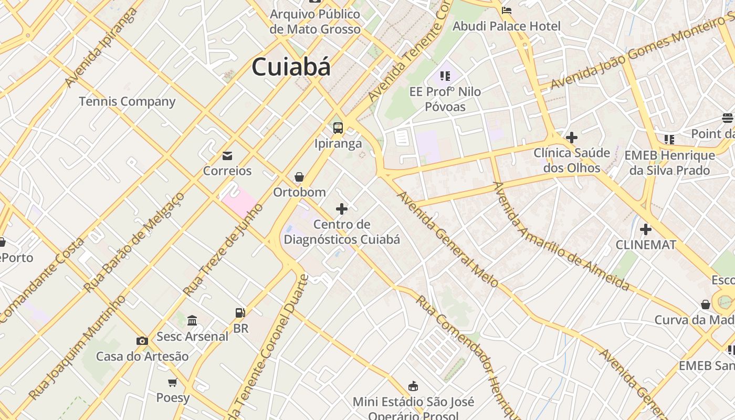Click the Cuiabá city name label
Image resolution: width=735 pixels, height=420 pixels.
(x=291, y=67)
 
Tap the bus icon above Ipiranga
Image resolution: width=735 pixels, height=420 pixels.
(x=338, y=128)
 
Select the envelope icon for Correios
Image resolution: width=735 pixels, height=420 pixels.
(x=227, y=156)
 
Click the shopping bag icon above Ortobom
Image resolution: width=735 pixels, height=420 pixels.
(x=299, y=177)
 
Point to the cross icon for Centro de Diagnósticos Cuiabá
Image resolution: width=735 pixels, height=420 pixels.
(x=342, y=209)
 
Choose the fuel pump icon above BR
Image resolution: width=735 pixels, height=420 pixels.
(x=240, y=313)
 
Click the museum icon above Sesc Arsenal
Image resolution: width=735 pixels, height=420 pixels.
(x=192, y=320)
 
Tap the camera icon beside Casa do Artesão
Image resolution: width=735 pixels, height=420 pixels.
(x=142, y=341)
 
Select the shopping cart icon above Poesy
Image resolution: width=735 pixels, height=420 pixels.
(x=172, y=382)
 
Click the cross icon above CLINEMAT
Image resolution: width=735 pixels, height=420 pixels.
(x=646, y=229)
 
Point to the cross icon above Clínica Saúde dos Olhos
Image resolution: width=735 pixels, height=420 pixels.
(x=572, y=138)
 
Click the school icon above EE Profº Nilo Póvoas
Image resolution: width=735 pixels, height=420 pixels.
(x=445, y=77)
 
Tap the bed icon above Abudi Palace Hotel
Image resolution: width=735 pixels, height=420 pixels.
(x=507, y=10)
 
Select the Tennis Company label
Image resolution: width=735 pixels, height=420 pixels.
(x=127, y=101)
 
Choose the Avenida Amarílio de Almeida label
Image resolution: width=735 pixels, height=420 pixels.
(x=561, y=236)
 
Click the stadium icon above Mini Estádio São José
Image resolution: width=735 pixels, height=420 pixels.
(x=413, y=386)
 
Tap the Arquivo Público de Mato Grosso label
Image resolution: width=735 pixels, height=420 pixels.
(x=315, y=22)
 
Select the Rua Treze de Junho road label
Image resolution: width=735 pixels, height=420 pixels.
(x=223, y=250)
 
